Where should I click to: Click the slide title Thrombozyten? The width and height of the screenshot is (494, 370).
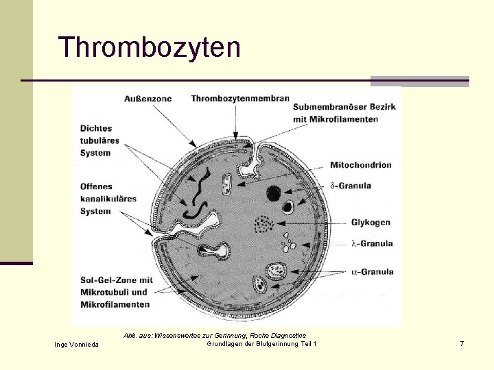(150, 48)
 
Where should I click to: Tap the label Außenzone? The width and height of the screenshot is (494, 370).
(148, 99)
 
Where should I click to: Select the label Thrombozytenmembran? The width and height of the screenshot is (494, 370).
(240, 99)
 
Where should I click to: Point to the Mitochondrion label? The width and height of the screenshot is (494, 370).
(361, 165)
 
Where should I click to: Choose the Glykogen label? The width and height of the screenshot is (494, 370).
(370, 223)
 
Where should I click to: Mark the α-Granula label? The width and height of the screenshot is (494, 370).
(372, 272)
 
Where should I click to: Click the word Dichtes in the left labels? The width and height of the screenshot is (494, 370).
(96, 128)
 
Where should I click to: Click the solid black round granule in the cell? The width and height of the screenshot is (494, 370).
(274, 192)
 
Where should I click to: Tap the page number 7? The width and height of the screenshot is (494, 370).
(462, 343)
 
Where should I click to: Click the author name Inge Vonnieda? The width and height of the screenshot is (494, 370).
(76, 344)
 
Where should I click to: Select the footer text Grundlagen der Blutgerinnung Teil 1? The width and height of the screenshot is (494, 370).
(261, 343)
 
